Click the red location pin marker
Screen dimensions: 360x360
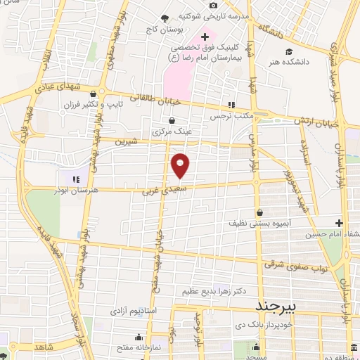(x=181, y=165)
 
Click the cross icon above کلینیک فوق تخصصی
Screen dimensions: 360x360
(x=205, y=36)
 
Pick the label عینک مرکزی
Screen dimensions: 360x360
(x=172, y=130)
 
